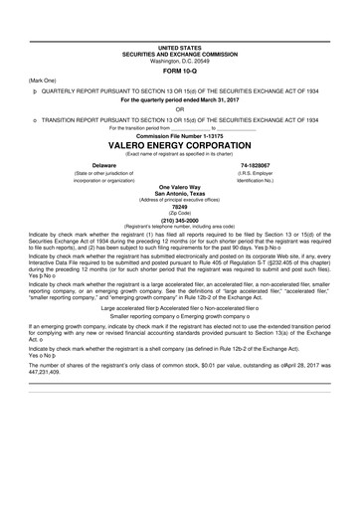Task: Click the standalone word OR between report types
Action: pos(179,109)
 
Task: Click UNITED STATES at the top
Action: pos(179,46)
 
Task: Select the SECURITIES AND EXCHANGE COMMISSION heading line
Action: pos(179,53)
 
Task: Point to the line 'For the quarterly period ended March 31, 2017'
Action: pos(179,100)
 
